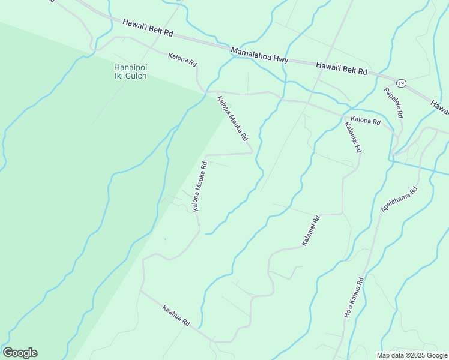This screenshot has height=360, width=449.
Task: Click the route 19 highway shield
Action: coord(400,82)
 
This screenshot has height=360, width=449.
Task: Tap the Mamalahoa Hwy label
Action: coord(260,56)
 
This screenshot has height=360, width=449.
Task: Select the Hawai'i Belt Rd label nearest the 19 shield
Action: coord(341,67)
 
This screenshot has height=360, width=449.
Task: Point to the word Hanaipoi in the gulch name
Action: coord(130,68)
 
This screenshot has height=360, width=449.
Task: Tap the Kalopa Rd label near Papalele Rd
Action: coord(366,121)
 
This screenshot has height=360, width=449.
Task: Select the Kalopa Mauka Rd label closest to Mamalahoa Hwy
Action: coord(232,118)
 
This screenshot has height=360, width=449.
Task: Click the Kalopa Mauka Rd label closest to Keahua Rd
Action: coord(199,186)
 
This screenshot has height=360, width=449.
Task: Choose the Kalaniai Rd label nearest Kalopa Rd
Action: coord(352,137)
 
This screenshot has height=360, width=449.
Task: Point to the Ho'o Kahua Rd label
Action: coord(353,298)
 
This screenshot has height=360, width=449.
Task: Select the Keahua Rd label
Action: coord(176,315)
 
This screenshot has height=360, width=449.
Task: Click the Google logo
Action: coord(20,353)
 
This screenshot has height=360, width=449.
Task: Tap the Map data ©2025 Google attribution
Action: coord(412,355)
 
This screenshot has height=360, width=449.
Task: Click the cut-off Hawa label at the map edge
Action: coord(441,107)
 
